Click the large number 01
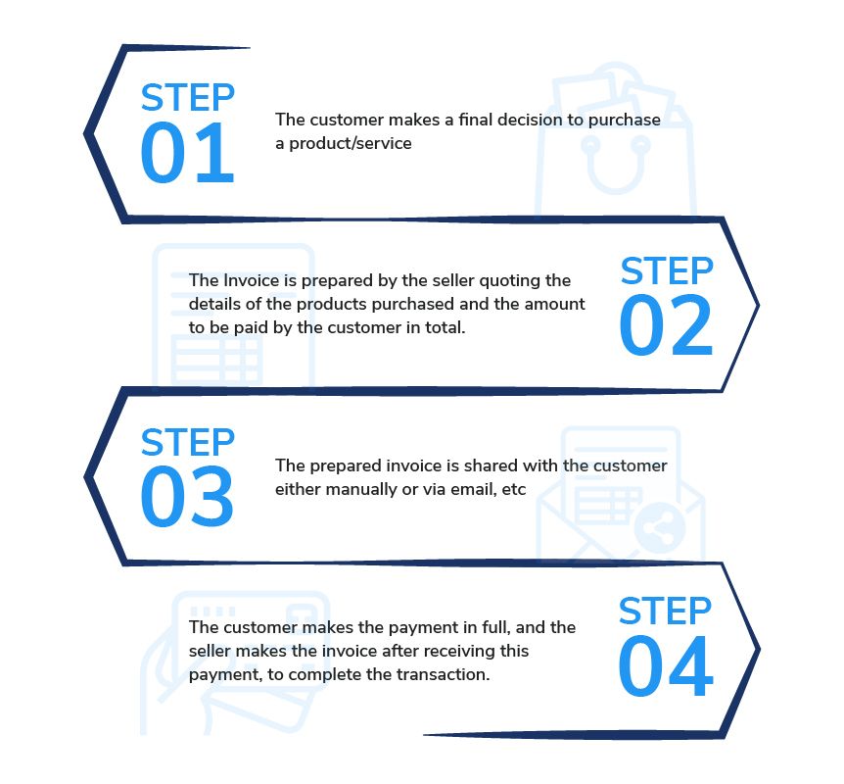pyautogui.click(x=187, y=154)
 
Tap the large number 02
pyautogui.click(x=666, y=325)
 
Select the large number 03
pyautogui.click(x=187, y=497)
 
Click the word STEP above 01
pyautogui.click(x=187, y=98)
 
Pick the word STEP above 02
pyautogui.click(x=667, y=270)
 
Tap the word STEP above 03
pyautogui.click(x=187, y=442)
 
